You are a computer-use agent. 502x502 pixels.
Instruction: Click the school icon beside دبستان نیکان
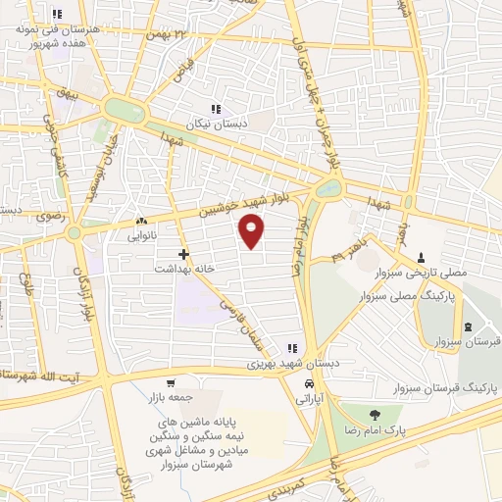coord(215,109)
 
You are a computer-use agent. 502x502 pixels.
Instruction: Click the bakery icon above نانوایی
coord(142,222)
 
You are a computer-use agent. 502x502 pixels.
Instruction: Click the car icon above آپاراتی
coord(309,383)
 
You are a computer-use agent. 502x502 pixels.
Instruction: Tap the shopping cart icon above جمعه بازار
coord(172,382)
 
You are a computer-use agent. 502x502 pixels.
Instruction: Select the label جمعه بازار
coord(172,397)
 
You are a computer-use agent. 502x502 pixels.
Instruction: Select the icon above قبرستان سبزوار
coord(466,326)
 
